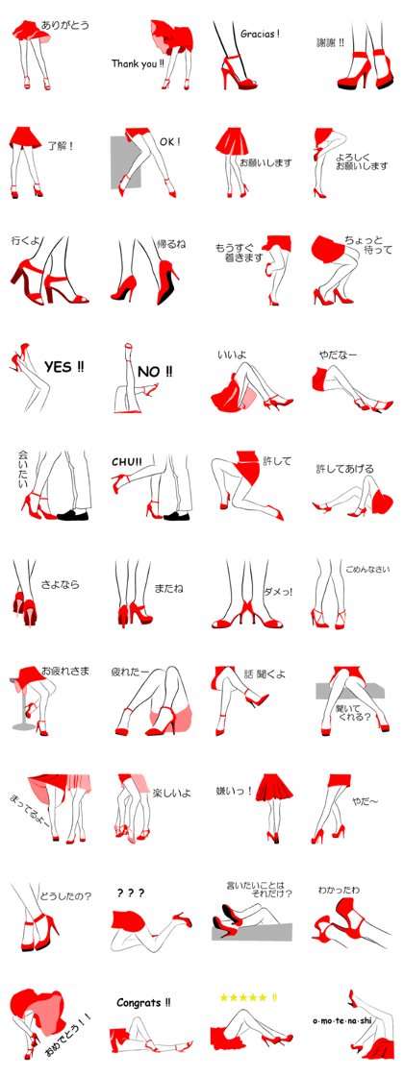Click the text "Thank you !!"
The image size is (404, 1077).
[139, 63]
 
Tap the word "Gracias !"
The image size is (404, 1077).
[260, 33]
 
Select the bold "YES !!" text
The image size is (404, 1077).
[64, 367]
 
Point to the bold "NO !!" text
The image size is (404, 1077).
[156, 372]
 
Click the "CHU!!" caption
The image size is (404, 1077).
[127, 461]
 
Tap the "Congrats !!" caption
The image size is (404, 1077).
[144, 1003]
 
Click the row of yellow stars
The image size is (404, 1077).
[247, 997]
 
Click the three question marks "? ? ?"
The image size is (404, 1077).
[131, 893]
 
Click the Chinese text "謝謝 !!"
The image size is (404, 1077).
[330, 42]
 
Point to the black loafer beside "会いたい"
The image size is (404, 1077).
[72, 514]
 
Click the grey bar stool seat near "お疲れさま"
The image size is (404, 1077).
[17, 680]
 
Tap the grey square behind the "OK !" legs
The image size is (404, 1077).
[125, 162]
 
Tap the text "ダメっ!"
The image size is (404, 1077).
[278, 591]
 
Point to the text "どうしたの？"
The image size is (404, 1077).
[66, 895]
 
